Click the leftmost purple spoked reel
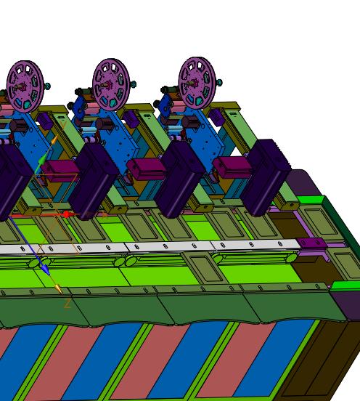tap(25, 86)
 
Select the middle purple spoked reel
tap(111, 85)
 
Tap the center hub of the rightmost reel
tap(195, 83)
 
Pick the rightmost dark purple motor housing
tap(266, 177)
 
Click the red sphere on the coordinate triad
tap(67, 214)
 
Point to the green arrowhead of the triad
tap(42, 159)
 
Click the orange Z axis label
tap(67, 304)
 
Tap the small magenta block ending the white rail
tap(311, 243)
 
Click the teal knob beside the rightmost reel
tap(219, 82)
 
